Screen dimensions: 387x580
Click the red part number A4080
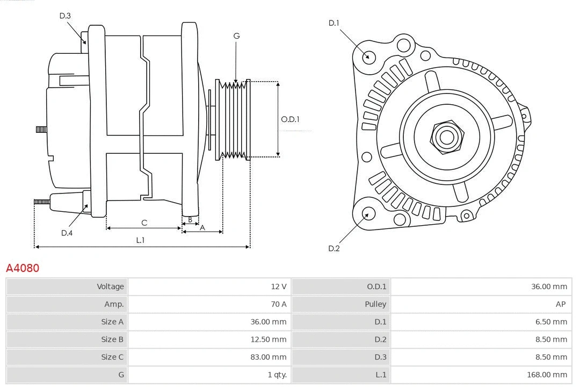coord(23,268)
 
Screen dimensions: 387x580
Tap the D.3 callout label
coord(65,16)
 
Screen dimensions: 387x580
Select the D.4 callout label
coord(67,233)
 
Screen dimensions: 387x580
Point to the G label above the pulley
coord(236,36)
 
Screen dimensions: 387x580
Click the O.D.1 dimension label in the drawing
coord(290,119)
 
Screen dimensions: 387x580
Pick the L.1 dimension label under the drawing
coord(140,240)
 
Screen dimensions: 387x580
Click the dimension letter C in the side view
coord(144,223)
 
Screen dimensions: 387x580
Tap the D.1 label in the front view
coord(334,23)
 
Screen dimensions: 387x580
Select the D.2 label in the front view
coord(334,248)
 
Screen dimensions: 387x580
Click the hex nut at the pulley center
coord(446,137)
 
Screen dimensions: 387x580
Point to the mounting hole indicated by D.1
coord(369,56)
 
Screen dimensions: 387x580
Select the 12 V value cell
coord(278,286)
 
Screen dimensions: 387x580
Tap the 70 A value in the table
coord(278,304)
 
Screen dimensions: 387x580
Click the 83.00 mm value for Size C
coord(269,357)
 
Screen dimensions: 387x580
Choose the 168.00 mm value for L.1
coord(547,375)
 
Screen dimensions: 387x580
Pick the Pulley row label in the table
coord(375,304)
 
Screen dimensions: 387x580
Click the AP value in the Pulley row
coord(560,304)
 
